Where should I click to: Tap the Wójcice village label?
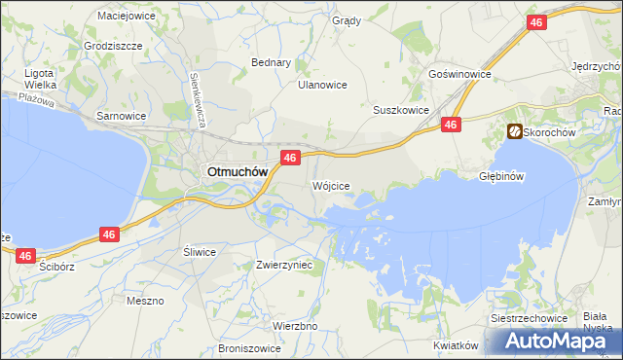pos(330,185)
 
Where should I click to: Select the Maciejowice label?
pos(127,16)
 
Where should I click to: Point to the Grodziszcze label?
pos(113,46)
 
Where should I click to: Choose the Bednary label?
pos(272,62)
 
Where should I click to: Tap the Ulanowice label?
pos(322,85)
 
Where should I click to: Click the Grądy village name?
pos(346,20)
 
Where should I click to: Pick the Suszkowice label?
pos(401,110)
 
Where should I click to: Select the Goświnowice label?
pos(459,74)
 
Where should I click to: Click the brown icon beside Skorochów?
pos(513,131)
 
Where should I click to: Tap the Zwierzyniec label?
pos(283,264)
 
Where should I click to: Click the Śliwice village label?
pos(200,251)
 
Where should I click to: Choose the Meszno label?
pos(145,301)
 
